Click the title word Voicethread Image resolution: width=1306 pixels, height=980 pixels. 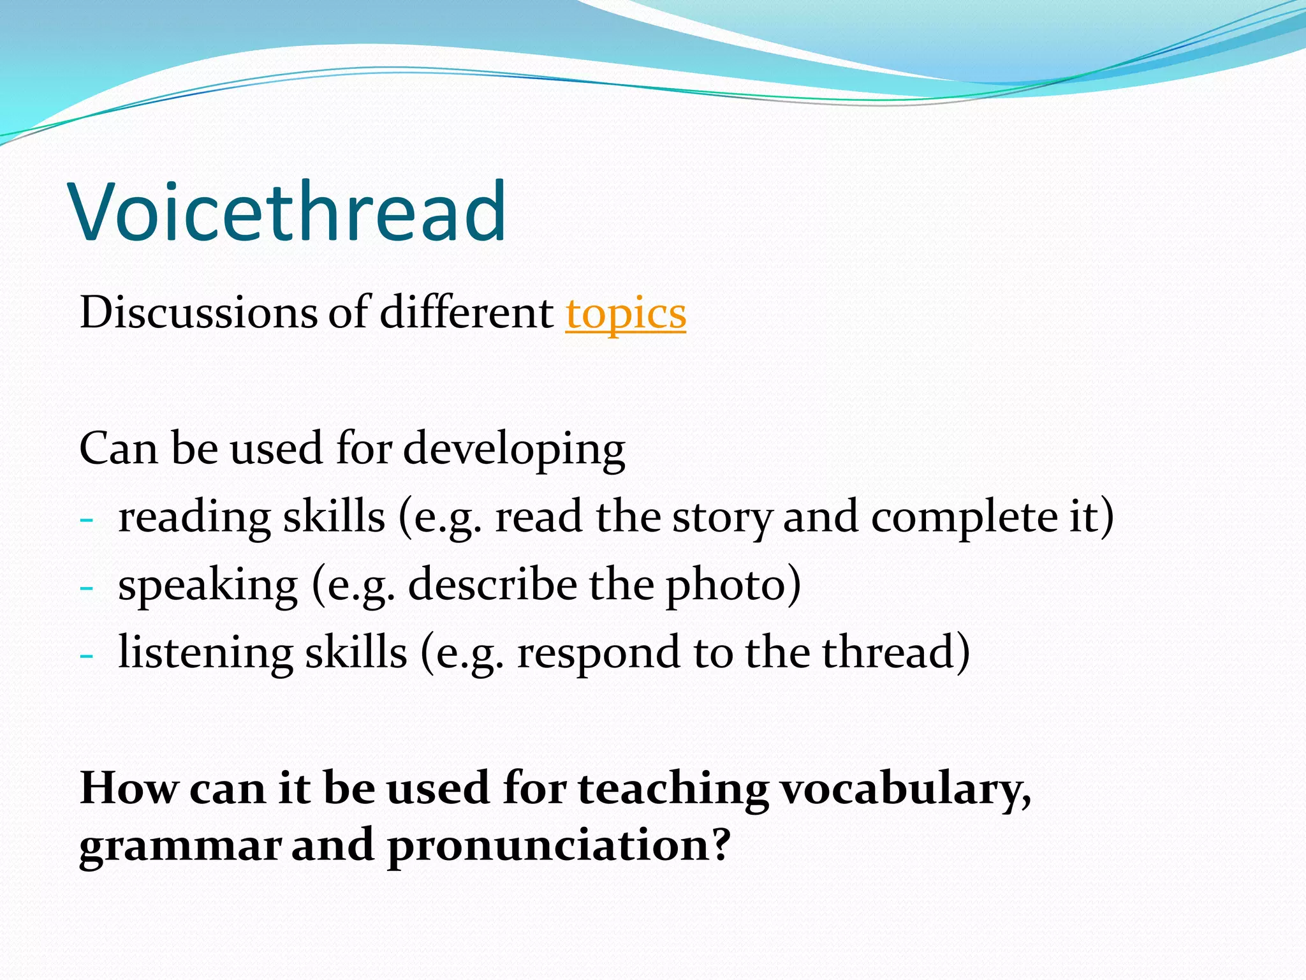pos(288,212)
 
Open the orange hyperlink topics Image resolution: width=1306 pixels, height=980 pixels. pos(625,314)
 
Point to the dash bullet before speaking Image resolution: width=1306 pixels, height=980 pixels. pos(87,587)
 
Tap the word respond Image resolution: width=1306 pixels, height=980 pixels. pos(598,654)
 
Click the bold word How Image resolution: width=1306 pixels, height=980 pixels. pos(129,789)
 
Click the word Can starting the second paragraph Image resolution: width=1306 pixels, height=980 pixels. pos(118,449)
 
